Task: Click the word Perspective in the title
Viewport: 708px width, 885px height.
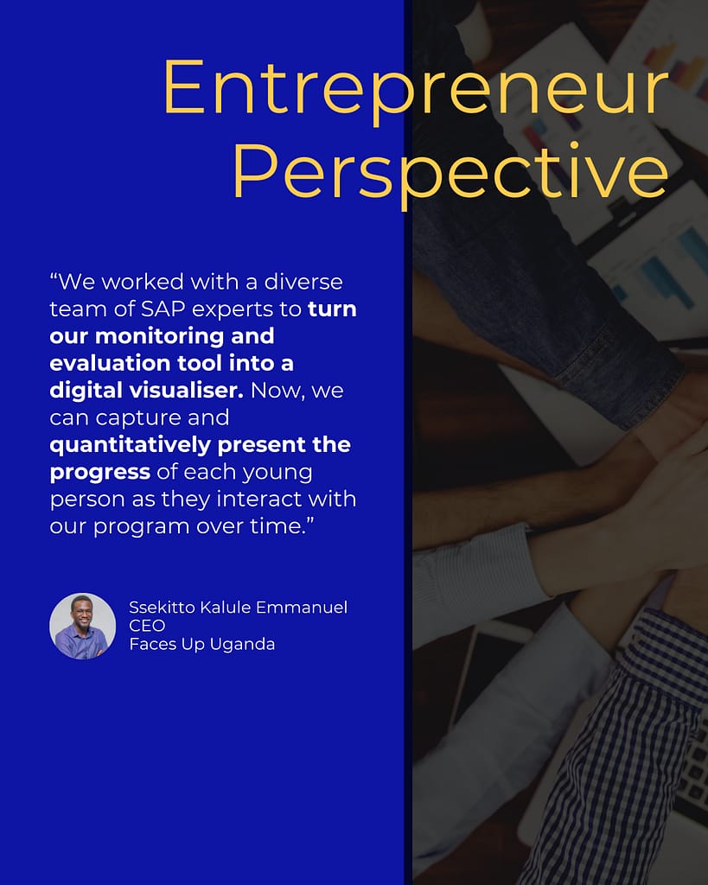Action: (450, 173)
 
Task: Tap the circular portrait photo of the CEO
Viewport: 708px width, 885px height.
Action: (82, 626)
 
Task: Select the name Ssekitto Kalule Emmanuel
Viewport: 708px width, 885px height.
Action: (239, 608)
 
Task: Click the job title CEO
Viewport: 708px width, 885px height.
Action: (147, 626)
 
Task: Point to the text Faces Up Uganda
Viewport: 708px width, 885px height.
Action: (202, 644)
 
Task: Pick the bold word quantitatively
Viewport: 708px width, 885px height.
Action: (130, 446)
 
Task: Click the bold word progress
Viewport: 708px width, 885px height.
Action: (100, 473)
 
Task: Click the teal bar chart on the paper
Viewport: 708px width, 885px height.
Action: (667, 265)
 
